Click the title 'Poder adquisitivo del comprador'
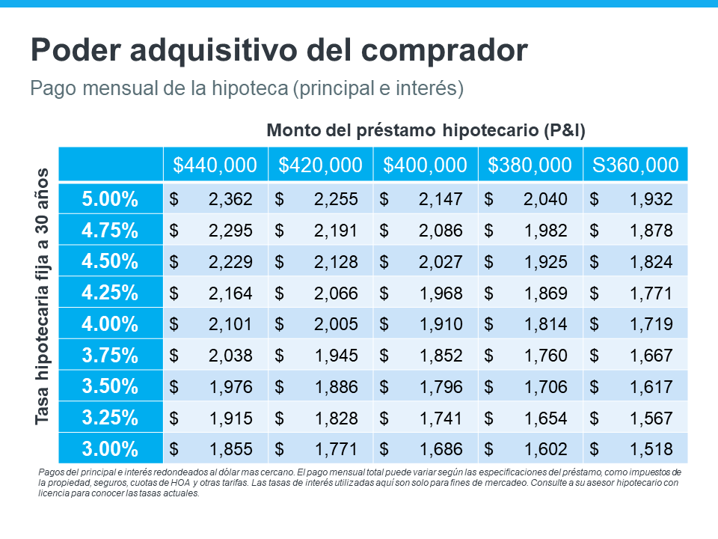pos(279,51)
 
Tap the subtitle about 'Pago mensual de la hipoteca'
pos(247,88)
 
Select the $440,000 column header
pos(215,165)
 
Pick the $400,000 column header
pos(425,165)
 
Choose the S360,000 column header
pos(635,165)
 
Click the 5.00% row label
pos(110,199)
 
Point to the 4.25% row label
pos(110,293)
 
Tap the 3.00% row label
pos(110,449)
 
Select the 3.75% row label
pos(110,356)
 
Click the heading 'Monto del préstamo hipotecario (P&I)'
pos(426,130)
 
